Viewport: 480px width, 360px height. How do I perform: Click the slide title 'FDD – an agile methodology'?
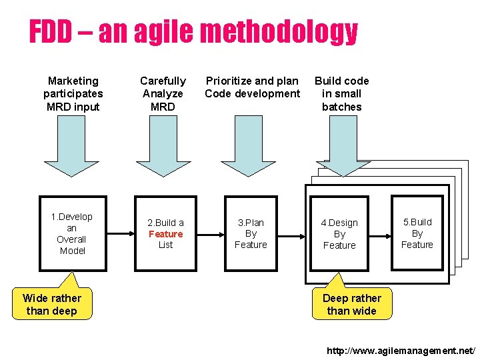click(x=193, y=32)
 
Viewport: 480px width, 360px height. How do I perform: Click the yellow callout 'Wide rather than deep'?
click(x=52, y=304)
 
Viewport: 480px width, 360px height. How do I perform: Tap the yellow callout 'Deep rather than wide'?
click(x=351, y=304)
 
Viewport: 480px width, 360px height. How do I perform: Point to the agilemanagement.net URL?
click(x=401, y=350)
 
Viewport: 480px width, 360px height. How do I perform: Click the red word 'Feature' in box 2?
click(x=165, y=234)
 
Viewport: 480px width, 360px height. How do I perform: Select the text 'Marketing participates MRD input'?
click(x=73, y=94)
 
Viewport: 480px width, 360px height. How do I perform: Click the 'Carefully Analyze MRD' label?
click(x=163, y=94)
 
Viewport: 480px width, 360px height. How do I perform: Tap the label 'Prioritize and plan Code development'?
click(x=252, y=87)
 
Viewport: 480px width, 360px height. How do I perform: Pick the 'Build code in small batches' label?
click(x=341, y=94)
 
